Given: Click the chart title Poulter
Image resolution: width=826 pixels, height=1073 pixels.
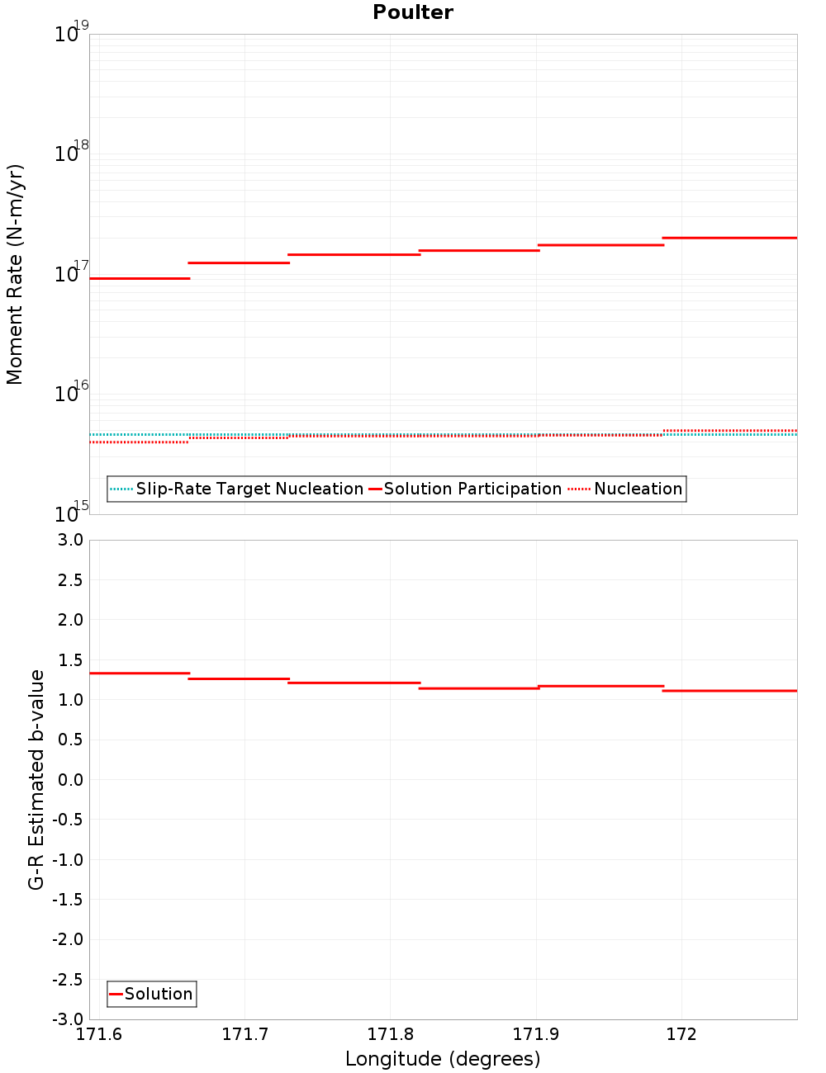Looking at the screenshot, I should [413, 12].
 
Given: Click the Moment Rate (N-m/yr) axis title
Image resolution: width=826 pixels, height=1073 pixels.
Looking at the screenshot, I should [15, 274].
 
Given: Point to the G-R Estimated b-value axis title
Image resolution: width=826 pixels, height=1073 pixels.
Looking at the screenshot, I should [36, 779].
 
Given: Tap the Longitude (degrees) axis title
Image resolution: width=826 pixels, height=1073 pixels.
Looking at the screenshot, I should [443, 1059].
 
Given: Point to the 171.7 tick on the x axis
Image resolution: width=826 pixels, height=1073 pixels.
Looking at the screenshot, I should [244, 1034].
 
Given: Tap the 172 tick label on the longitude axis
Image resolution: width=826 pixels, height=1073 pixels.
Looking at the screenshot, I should [681, 1034].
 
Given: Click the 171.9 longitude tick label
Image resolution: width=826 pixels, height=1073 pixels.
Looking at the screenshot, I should [536, 1034].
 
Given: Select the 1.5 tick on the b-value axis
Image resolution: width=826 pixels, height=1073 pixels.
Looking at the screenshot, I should [69, 660].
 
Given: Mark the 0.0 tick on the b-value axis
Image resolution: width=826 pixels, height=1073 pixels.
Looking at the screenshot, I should [69, 780].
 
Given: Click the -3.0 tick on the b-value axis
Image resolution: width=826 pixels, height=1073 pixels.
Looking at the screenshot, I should [67, 1019].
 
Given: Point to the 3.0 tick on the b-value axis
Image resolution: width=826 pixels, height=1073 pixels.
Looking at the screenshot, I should [69, 540].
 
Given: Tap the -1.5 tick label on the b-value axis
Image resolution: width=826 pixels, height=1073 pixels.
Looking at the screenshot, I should [67, 900].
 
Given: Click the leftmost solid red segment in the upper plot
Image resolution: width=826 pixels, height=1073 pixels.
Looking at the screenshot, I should [140, 278].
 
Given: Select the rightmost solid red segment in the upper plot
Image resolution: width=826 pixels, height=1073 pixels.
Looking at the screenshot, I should [730, 238].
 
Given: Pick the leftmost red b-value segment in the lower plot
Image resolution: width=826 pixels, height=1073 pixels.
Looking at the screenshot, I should [140, 674].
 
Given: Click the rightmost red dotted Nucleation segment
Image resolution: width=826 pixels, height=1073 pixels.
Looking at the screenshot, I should [730, 431].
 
